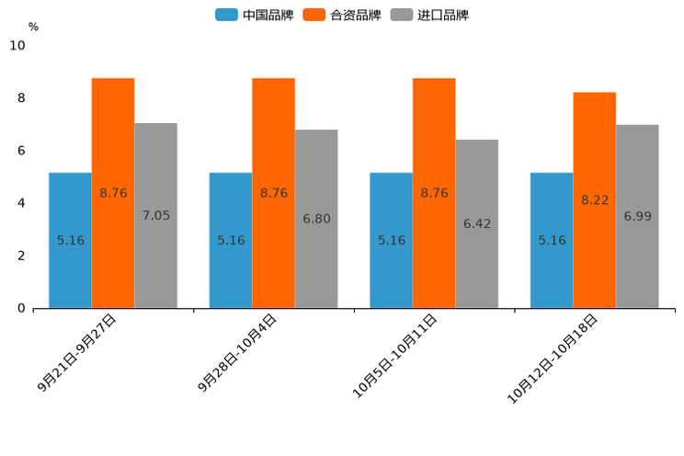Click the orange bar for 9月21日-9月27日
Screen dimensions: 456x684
tap(113, 193)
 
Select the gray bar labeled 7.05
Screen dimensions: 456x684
tap(155, 216)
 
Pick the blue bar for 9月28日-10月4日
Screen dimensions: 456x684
tap(231, 240)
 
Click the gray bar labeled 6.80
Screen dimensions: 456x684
tap(316, 219)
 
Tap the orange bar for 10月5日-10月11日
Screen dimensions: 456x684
tap(434, 193)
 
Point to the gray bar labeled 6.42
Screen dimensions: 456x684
tap(476, 223)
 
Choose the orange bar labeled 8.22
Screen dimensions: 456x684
tap(594, 200)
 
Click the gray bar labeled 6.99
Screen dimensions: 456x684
tap(637, 216)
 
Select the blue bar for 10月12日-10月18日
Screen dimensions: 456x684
tap(552, 240)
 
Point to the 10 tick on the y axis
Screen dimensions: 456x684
tap(17, 45)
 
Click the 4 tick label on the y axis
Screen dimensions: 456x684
tap(21, 203)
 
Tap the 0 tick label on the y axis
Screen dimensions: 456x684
tap(21, 308)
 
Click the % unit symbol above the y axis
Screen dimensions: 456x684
tap(33, 27)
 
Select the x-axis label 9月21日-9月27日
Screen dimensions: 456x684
tap(77, 353)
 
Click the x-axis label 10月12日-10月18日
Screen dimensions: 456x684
tap(553, 359)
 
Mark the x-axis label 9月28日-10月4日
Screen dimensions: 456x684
tap(237, 353)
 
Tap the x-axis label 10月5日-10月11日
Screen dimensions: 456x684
tap(395, 356)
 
